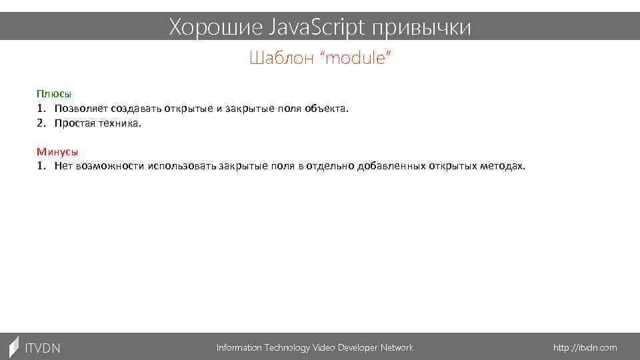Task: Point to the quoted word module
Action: point(356,59)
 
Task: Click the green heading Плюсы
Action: point(54,94)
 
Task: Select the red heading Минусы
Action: point(57,151)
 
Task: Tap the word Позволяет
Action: point(81,109)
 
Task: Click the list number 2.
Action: point(41,123)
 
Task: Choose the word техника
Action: point(120,123)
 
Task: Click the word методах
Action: point(503,166)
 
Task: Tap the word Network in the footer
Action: point(396,348)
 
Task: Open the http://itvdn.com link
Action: point(585,348)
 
